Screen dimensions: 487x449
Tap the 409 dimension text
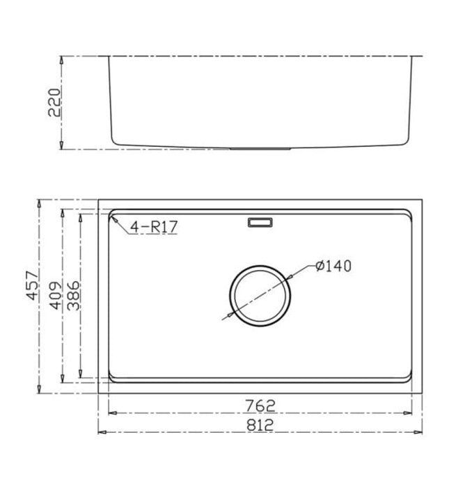(56, 296)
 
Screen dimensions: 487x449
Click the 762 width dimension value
(260, 405)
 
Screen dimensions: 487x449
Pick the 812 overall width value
(260, 424)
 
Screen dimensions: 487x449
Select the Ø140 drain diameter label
(333, 266)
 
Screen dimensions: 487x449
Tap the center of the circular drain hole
(260, 296)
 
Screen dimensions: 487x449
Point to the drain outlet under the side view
(260, 148)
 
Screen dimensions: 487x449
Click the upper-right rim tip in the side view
(421, 56)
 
